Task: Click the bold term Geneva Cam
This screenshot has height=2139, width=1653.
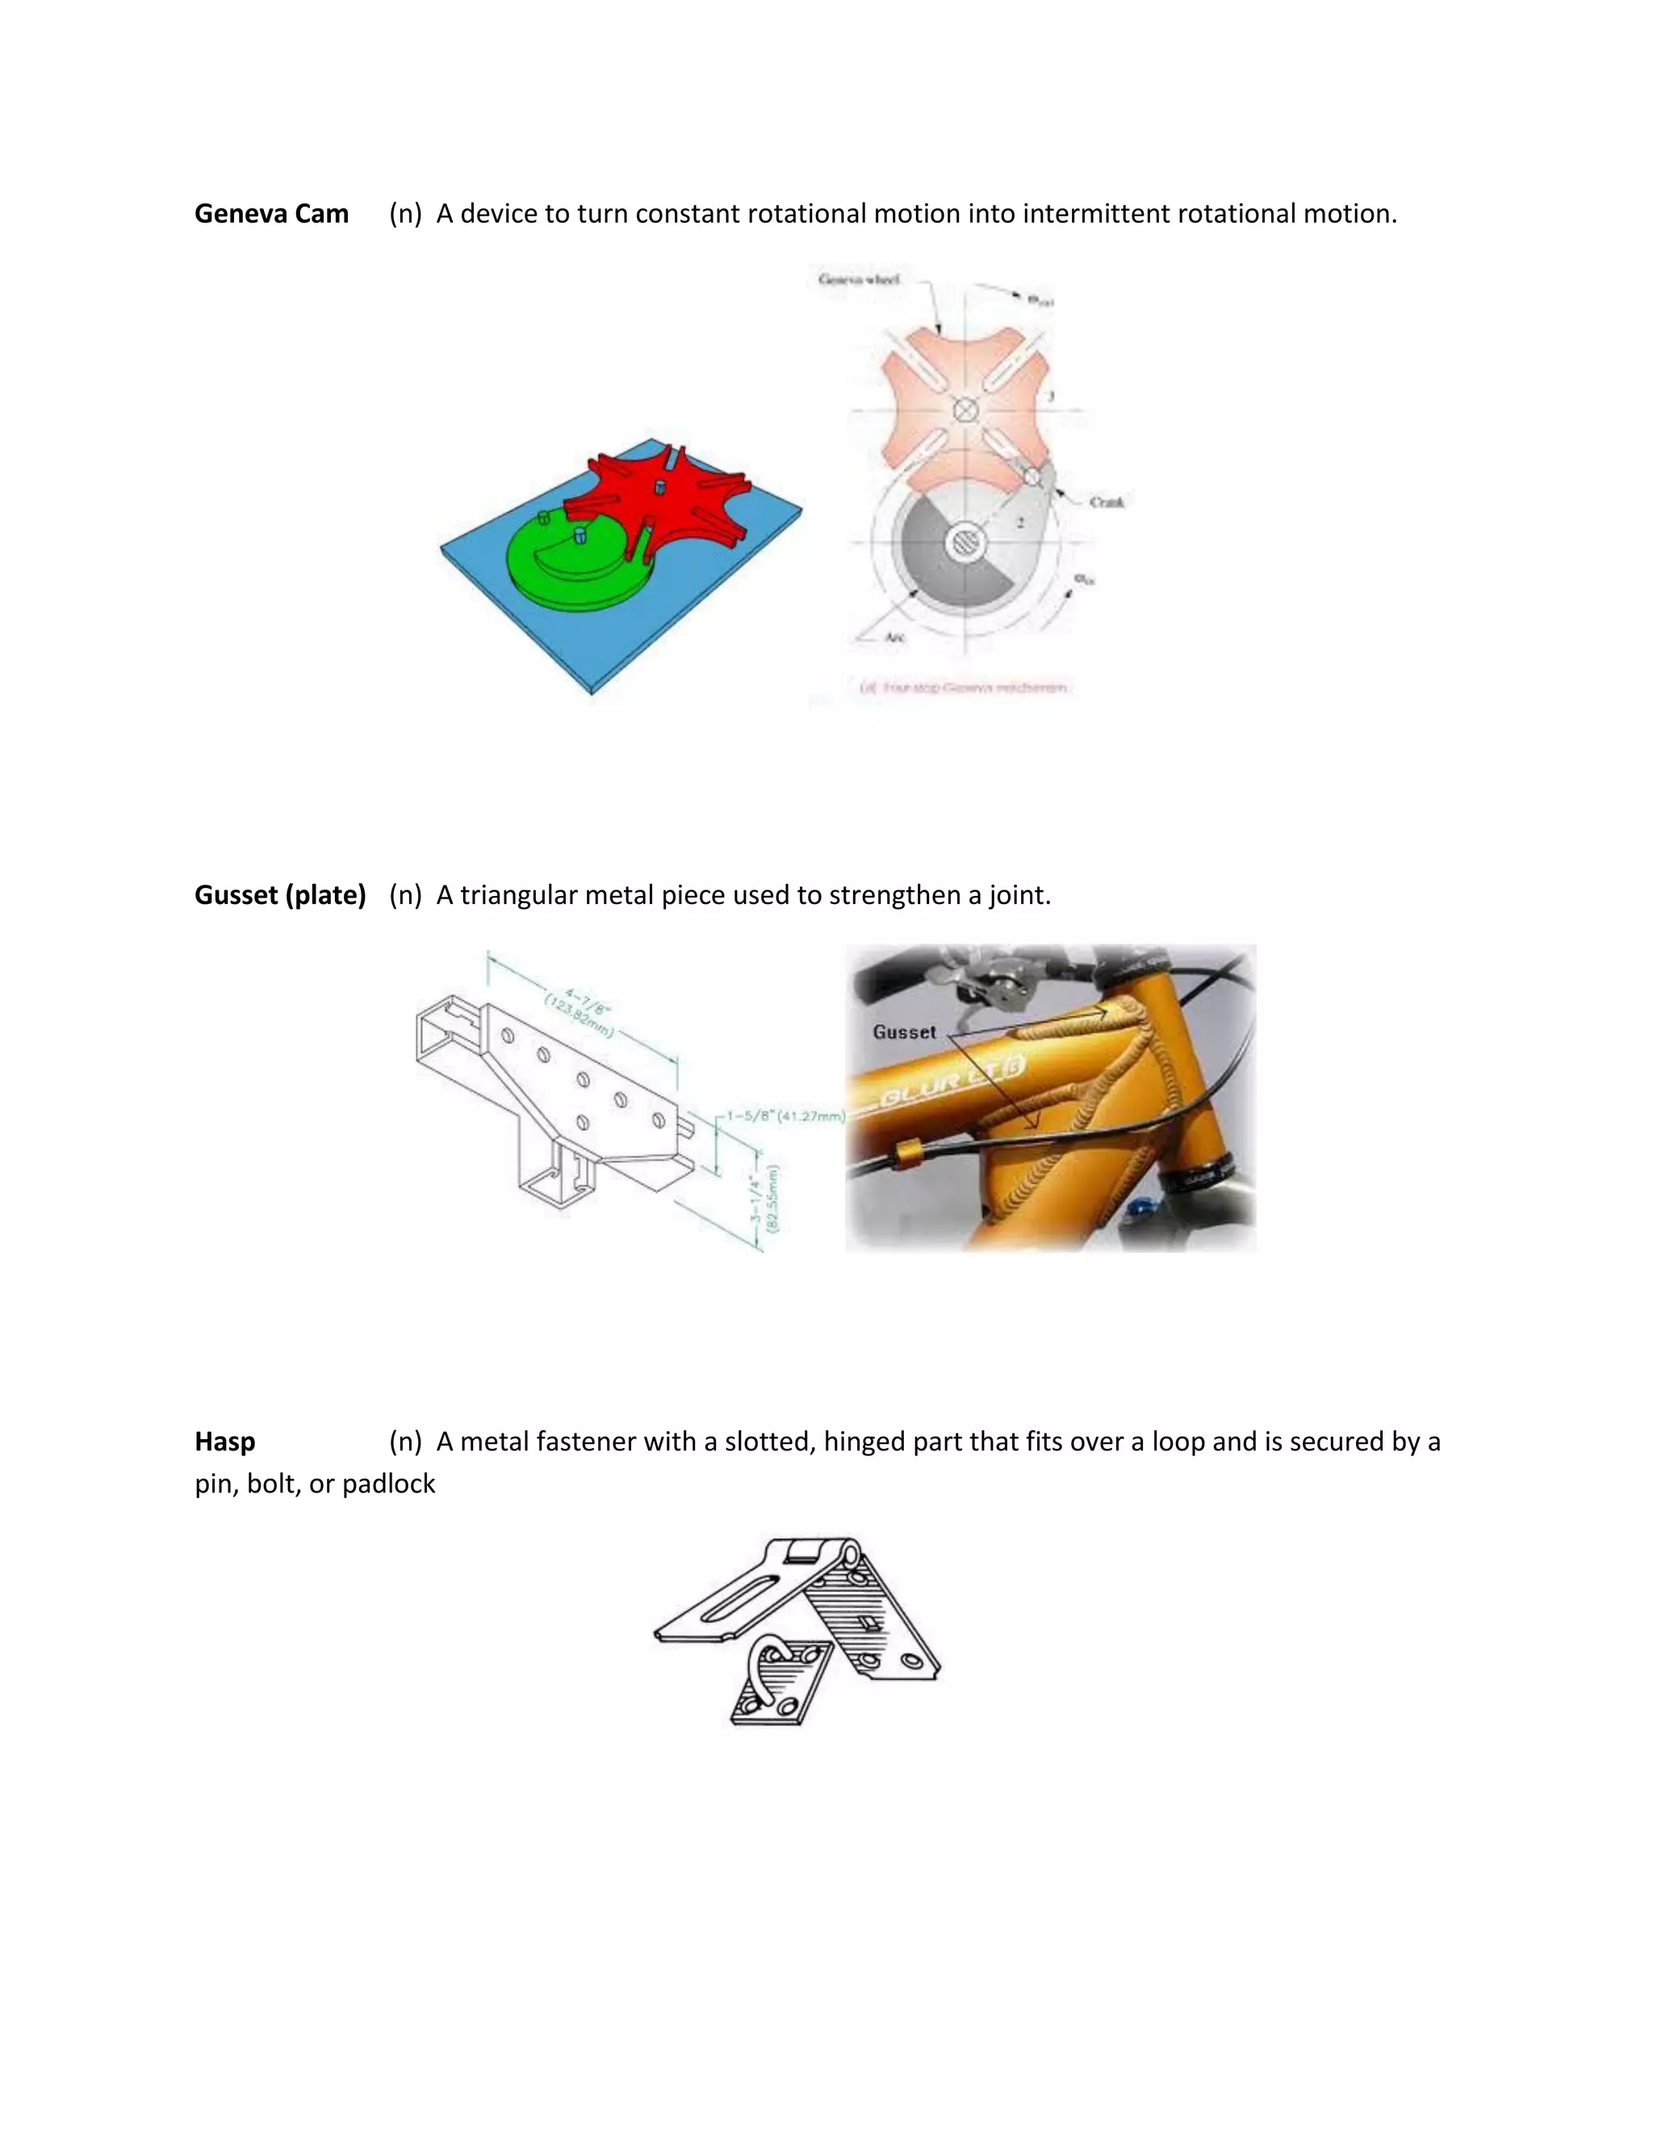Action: pyautogui.click(x=271, y=214)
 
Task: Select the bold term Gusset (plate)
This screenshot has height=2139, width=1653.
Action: pyautogui.click(x=280, y=894)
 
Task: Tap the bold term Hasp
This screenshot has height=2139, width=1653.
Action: pyautogui.click(x=224, y=1441)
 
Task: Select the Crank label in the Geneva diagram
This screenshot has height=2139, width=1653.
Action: pyautogui.click(x=1107, y=501)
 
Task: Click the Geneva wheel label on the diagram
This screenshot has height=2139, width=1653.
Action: pyautogui.click(x=859, y=279)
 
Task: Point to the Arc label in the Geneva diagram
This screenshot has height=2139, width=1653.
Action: pyautogui.click(x=894, y=638)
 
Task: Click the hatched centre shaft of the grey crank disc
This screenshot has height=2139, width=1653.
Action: pyautogui.click(x=965, y=542)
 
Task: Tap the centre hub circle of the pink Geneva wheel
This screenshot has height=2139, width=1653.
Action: pyautogui.click(x=965, y=409)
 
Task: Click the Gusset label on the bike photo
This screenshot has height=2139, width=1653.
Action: pyautogui.click(x=904, y=1032)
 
